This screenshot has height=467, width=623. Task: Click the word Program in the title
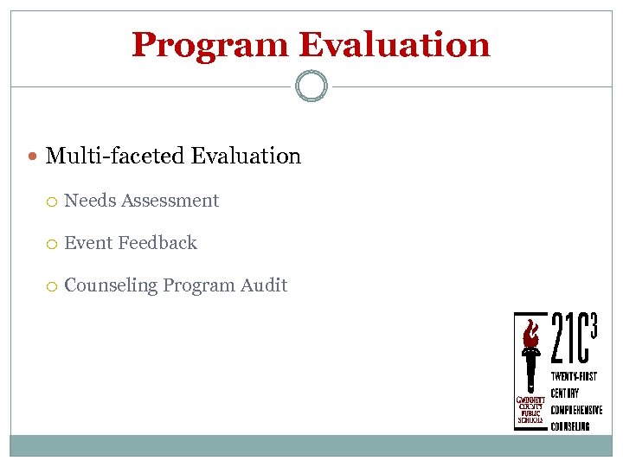pos(210,45)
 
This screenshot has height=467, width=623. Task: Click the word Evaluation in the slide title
pos(395,45)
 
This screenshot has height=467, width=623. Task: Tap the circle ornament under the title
pos(311,86)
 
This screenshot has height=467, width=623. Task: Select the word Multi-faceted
pos(114,157)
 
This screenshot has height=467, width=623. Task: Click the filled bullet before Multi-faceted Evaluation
pos(34,157)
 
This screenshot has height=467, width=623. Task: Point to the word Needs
pos(90,201)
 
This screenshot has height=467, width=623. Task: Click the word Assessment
pos(170,201)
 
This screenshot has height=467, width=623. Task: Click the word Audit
pos(264,285)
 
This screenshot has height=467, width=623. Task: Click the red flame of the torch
pos(530,333)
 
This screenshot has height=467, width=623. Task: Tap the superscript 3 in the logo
pos(594,323)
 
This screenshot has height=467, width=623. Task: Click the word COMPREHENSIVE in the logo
pos(576,410)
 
